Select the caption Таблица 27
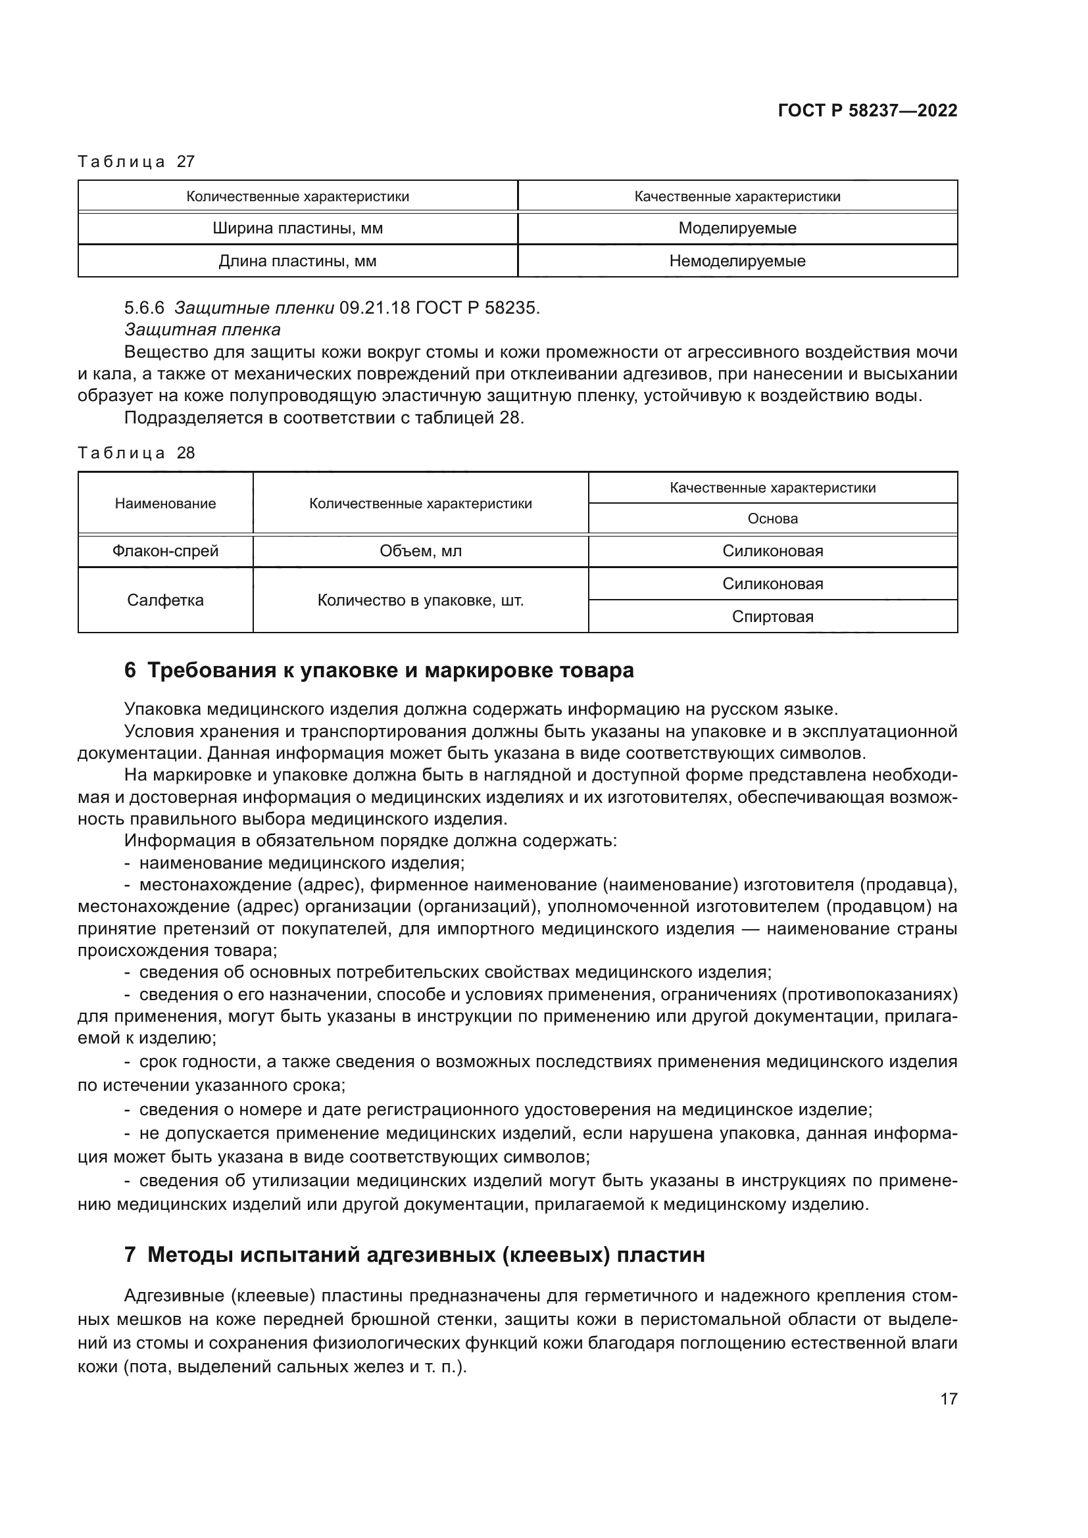136,162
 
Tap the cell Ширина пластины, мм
297,228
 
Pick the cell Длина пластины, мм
297,261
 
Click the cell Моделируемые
737,228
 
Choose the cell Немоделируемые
737,261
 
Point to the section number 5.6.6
143,308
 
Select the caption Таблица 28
136,453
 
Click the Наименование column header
166,504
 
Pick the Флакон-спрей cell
166,551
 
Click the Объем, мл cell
421,551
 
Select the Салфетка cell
166,600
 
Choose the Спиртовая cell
772,617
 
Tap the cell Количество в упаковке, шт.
421,600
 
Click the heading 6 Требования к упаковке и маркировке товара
379,671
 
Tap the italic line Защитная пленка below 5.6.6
203,330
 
